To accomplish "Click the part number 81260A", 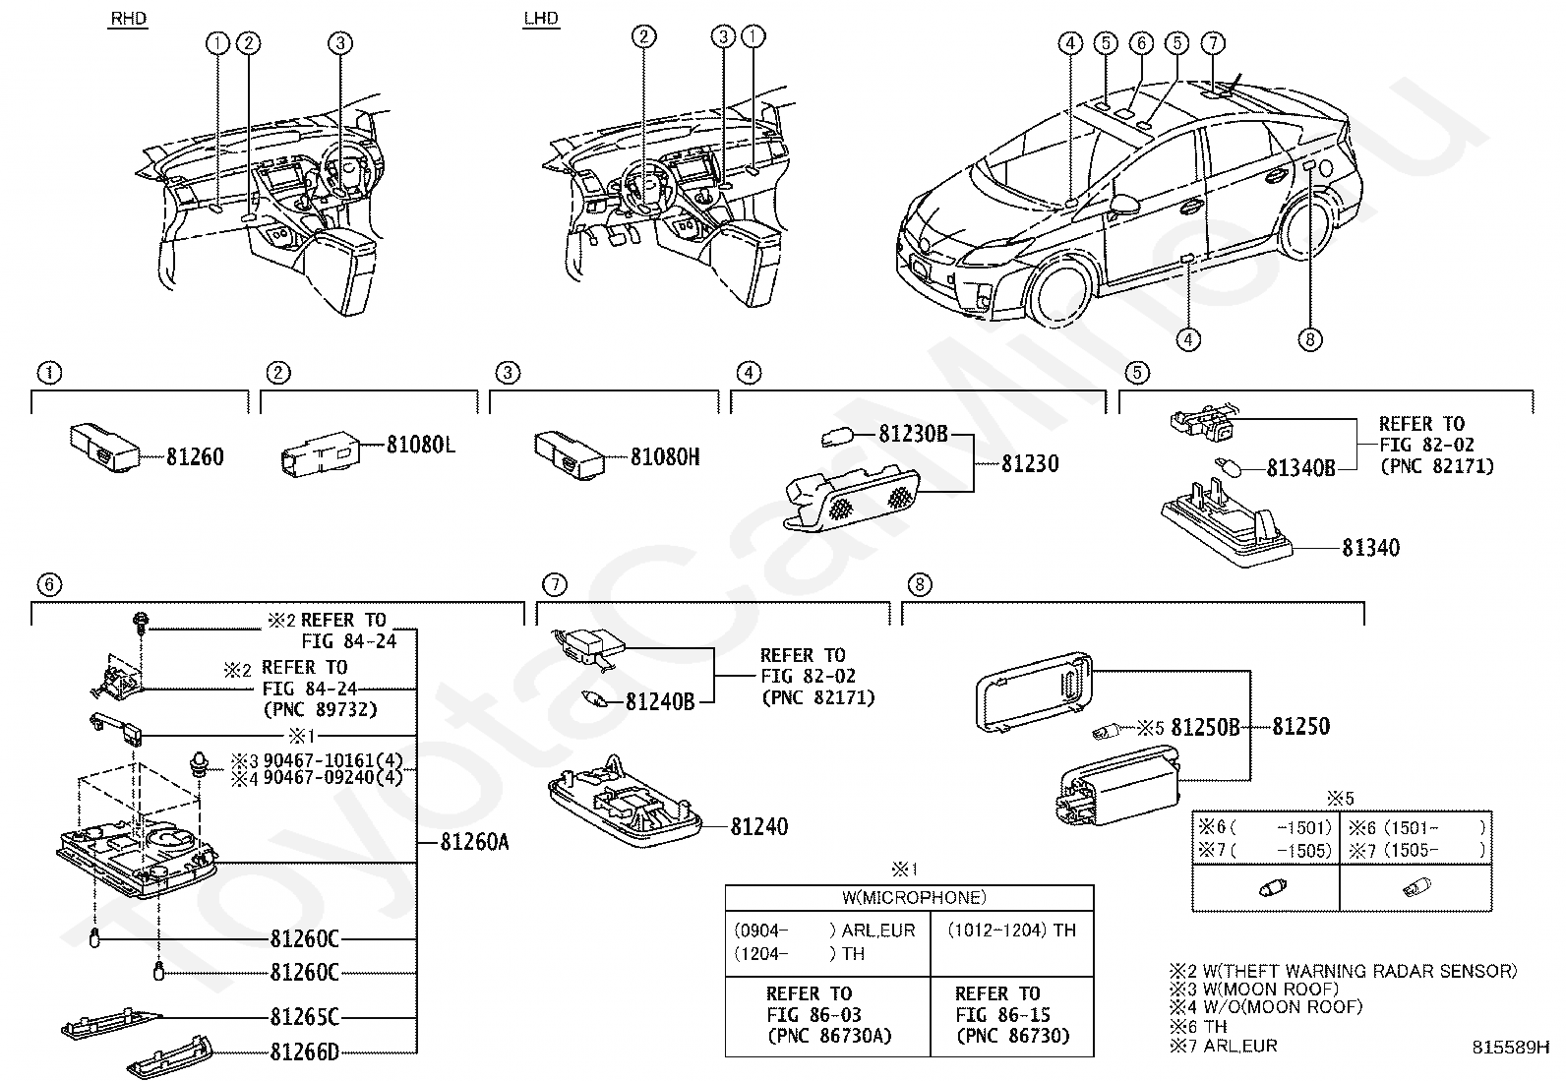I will point(474,843).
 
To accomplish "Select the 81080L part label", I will point(420,446).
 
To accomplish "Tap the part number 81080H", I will point(665,456).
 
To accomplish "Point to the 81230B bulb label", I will point(912,433).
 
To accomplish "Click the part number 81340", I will point(1370,547).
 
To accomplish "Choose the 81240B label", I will point(660,701).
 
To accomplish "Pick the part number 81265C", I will point(304,1017).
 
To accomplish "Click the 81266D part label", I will point(304,1051).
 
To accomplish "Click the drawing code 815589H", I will point(1510,1048).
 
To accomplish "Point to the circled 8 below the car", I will point(1309,340).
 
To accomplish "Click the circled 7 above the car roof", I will point(1213,42).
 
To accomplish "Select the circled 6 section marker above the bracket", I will point(48,585).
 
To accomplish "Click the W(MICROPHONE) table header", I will point(909,897).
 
